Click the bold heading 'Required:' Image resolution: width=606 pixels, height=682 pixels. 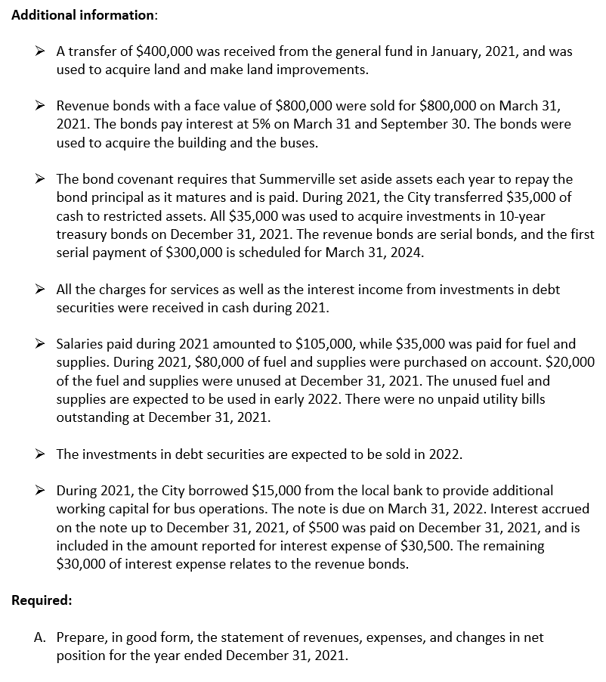tap(42, 600)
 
